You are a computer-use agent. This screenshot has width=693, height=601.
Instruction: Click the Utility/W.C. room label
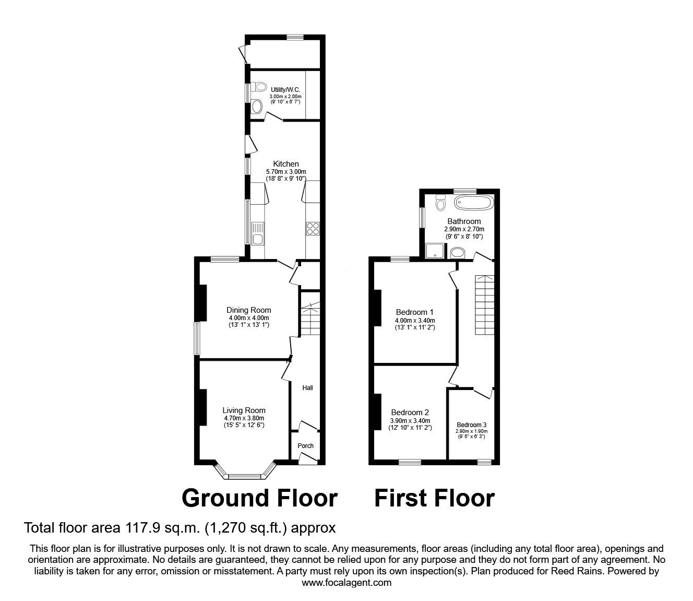285,90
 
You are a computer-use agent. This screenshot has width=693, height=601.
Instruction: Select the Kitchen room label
285,164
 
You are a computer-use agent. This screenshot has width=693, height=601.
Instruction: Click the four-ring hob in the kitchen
313,228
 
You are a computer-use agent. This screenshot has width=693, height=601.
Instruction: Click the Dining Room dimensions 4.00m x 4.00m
248,318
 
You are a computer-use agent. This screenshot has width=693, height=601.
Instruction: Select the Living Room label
244,410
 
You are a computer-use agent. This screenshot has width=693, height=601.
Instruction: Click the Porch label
305,445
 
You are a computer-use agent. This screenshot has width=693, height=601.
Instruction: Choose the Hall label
308,388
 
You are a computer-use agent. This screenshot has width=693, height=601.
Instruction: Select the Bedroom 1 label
414,312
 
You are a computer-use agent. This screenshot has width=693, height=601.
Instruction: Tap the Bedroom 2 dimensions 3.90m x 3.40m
410,421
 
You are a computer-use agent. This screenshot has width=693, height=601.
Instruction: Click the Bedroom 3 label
471,425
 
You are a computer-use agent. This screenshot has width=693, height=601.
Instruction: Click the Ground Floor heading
259,498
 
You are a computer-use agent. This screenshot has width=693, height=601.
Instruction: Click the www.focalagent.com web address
347,583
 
